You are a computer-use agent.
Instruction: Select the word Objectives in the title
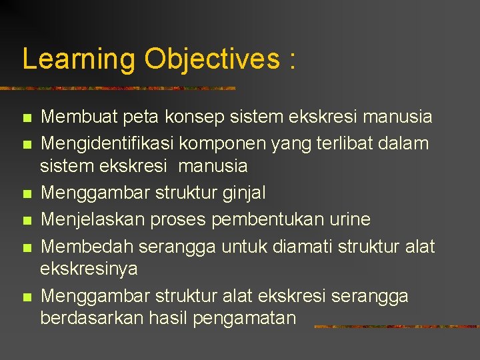(211, 59)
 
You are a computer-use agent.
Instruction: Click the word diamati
(306, 246)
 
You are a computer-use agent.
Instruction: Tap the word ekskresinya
(89, 269)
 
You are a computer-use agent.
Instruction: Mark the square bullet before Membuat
(26, 119)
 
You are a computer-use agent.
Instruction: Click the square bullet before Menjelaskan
(26, 220)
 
